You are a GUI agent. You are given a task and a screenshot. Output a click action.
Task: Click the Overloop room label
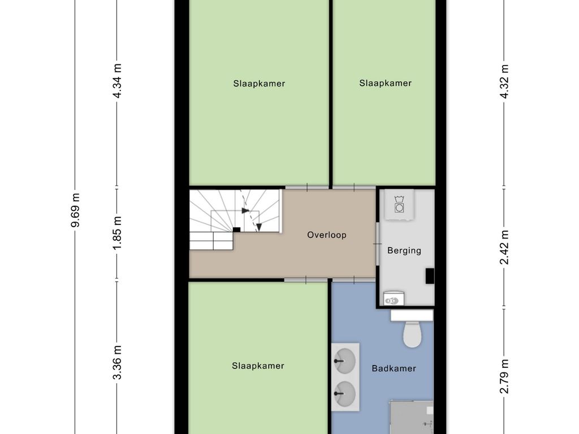[327, 235]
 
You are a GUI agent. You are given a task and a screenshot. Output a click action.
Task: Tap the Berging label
[404, 251]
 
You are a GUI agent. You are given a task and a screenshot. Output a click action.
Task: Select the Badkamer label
[394, 368]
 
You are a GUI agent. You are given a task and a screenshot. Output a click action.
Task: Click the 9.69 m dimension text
[75, 210]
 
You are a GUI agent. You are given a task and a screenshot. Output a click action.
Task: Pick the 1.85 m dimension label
[117, 233]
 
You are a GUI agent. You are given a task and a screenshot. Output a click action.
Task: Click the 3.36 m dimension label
[117, 363]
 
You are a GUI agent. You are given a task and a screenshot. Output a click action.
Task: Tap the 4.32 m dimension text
[504, 81]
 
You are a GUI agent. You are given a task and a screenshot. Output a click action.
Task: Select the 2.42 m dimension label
[504, 248]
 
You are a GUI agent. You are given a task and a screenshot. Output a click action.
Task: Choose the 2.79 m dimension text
[504, 376]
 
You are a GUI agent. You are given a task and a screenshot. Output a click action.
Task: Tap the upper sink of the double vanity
[345, 361]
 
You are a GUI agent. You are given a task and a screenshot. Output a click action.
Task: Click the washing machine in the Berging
[399, 205]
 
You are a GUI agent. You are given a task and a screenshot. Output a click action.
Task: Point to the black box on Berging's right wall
[430, 276]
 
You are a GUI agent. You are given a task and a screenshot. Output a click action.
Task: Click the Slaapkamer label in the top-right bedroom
[386, 84]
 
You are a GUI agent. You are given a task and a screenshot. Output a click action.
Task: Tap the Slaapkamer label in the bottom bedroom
[258, 366]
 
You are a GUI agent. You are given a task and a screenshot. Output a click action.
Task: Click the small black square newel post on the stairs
[237, 229]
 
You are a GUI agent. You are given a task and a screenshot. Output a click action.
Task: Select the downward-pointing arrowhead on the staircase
[259, 227]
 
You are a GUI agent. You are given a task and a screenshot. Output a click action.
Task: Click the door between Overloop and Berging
[377, 244]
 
